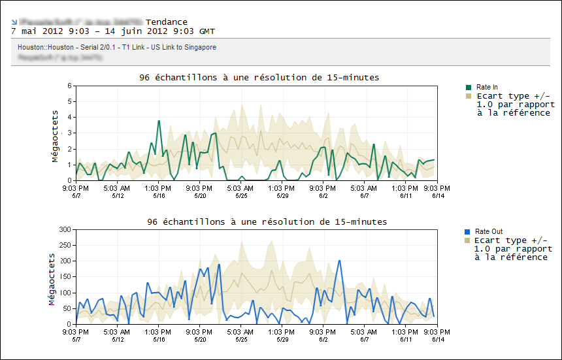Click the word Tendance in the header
[x=167, y=22]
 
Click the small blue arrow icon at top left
[x=14, y=22]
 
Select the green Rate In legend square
[x=469, y=87]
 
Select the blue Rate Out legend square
[x=467, y=232]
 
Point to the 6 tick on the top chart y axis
[x=69, y=86]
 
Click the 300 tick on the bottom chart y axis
[x=65, y=229]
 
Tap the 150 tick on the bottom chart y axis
[x=65, y=277]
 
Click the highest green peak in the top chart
[x=159, y=121]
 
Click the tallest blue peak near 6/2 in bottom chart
[x=340, y=261]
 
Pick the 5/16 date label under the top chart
[x=159, y=195]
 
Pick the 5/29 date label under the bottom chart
[x=282, y=339]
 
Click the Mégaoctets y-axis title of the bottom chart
[x=52, y=278]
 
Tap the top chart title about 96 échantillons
[x=259, y=77]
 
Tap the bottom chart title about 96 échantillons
[x=267, y=222]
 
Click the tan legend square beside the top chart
[x=469, y=96]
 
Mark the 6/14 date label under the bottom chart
[x=438, y=339]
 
